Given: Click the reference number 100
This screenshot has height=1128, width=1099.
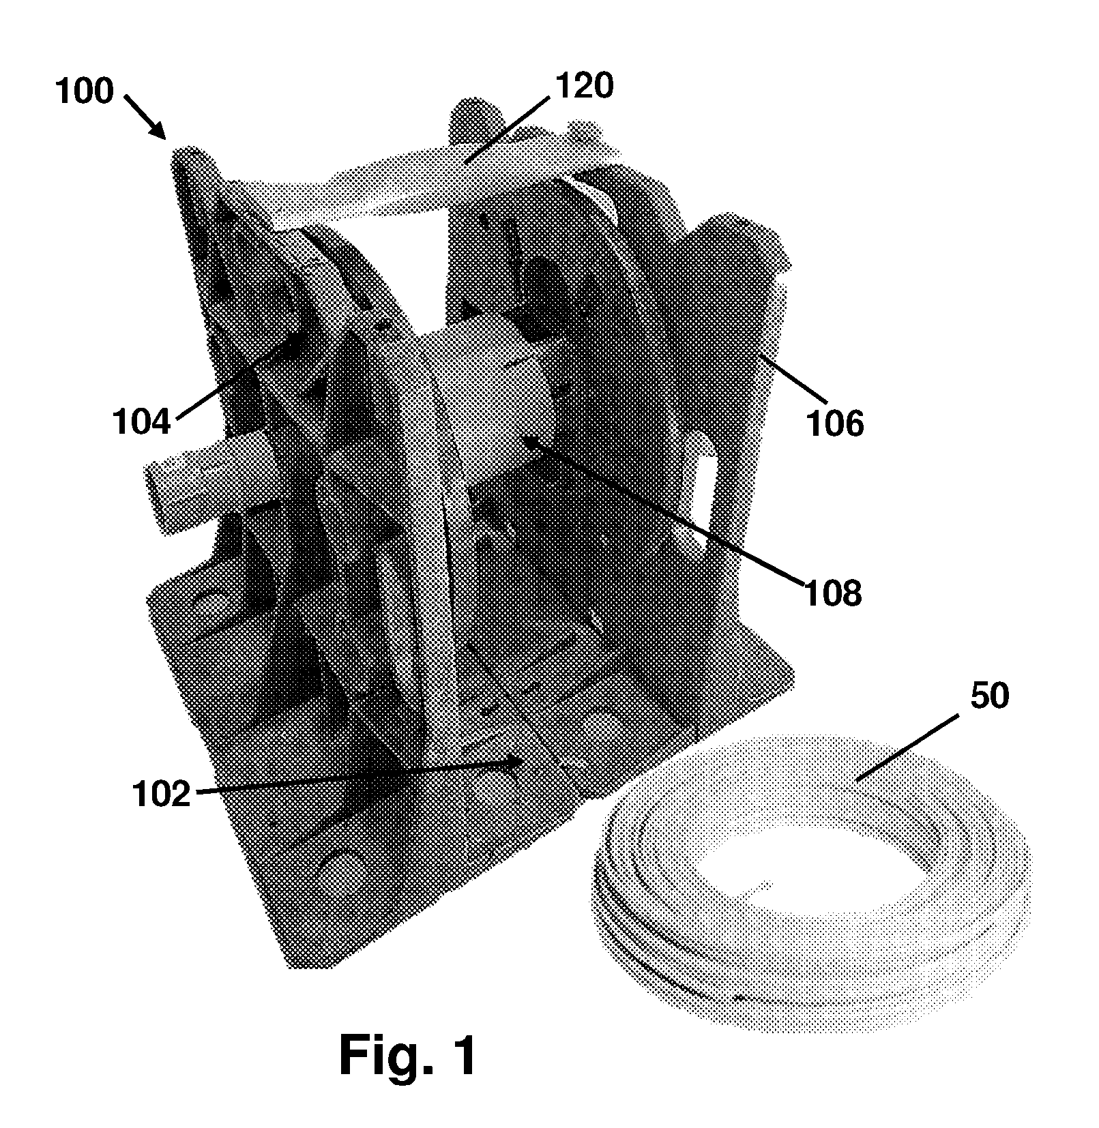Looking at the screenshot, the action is (x=84, y=91).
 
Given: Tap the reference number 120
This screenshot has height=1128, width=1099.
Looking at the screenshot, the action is (x=585, y=87).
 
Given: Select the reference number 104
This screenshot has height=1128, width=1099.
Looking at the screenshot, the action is (x=141, y=422).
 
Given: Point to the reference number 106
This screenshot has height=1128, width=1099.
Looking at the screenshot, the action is (x=835, y=424).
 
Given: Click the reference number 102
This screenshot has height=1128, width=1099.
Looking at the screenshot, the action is (x=162, y=795).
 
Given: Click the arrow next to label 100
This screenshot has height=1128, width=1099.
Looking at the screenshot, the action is (x=145, y=117).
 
